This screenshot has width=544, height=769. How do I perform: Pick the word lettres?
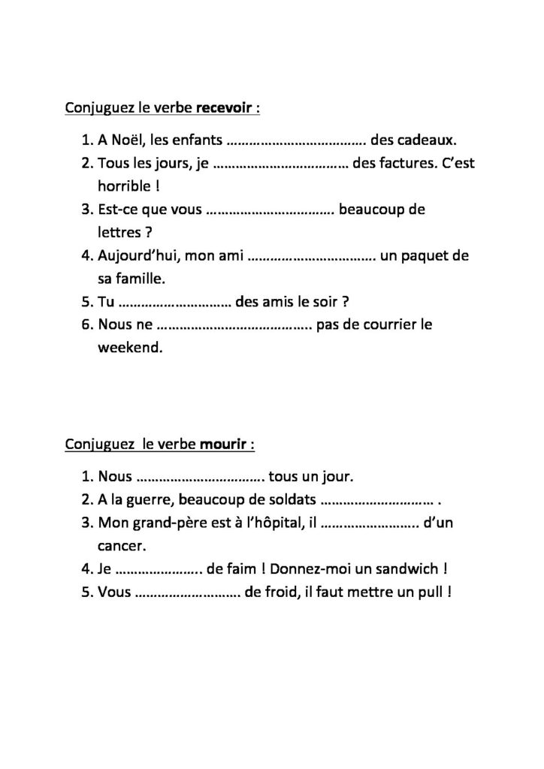pyautogui.click(x=120, y=232)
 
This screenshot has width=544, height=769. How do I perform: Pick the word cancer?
pyautogui.click(x=121, y=546)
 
